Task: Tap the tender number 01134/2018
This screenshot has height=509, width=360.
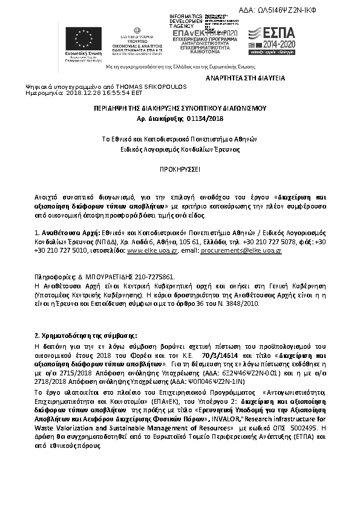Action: click(x=205, y=118)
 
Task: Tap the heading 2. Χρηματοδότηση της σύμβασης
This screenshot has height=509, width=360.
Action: click(x=85, y=335)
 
